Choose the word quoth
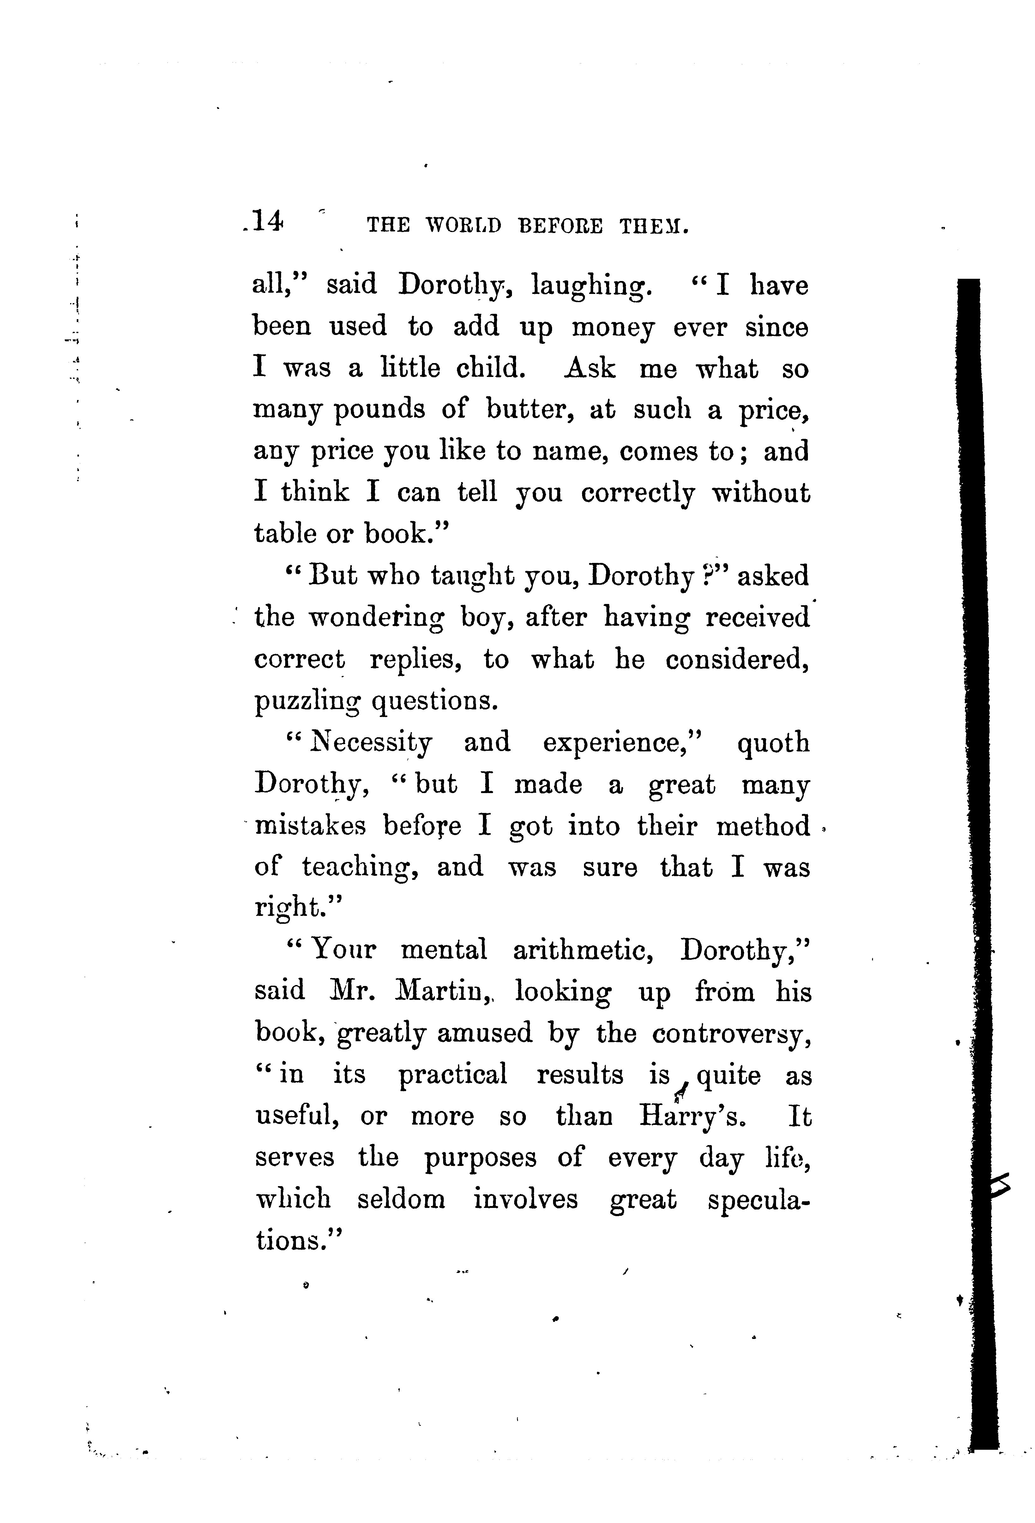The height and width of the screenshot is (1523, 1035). click(773, 743)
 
